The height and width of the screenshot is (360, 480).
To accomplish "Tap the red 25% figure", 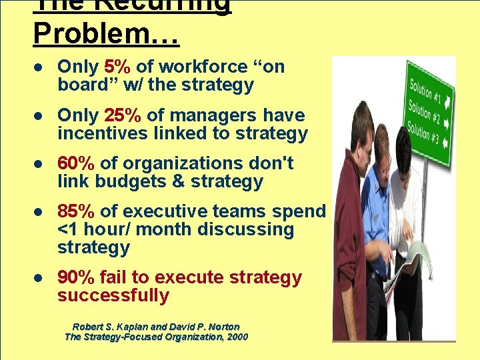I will (x=122, y=115).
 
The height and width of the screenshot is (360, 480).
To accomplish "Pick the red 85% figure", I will (x=76, y=211).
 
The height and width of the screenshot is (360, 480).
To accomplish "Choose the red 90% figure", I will (x=76, y=277).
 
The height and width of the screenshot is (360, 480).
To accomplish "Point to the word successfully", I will (x=113, y=295).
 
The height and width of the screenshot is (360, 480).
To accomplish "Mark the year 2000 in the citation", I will (x=236, y=337).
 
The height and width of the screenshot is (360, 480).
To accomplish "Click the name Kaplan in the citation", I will (x=129, y=327).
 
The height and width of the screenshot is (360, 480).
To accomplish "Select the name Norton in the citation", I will (x=221, y=327).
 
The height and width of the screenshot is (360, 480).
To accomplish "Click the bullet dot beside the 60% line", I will (x=40, y=164).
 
